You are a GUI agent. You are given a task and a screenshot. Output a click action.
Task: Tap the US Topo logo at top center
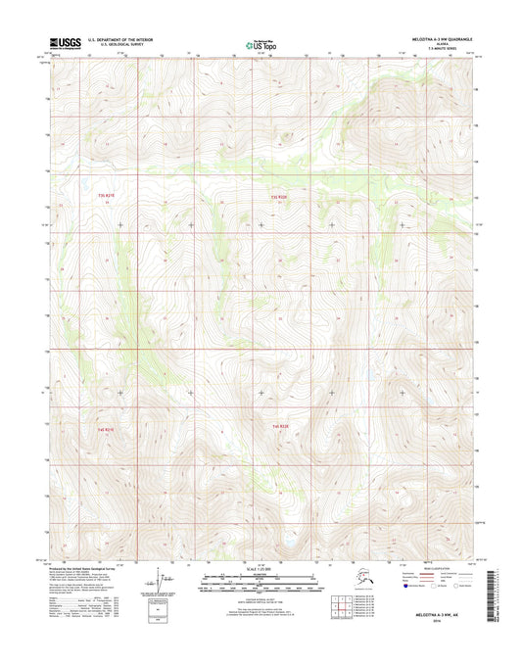coord(261,44)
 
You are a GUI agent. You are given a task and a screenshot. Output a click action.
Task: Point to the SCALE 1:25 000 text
coord(261,568)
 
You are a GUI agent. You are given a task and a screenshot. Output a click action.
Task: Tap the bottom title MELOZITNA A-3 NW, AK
coord(439,611)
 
